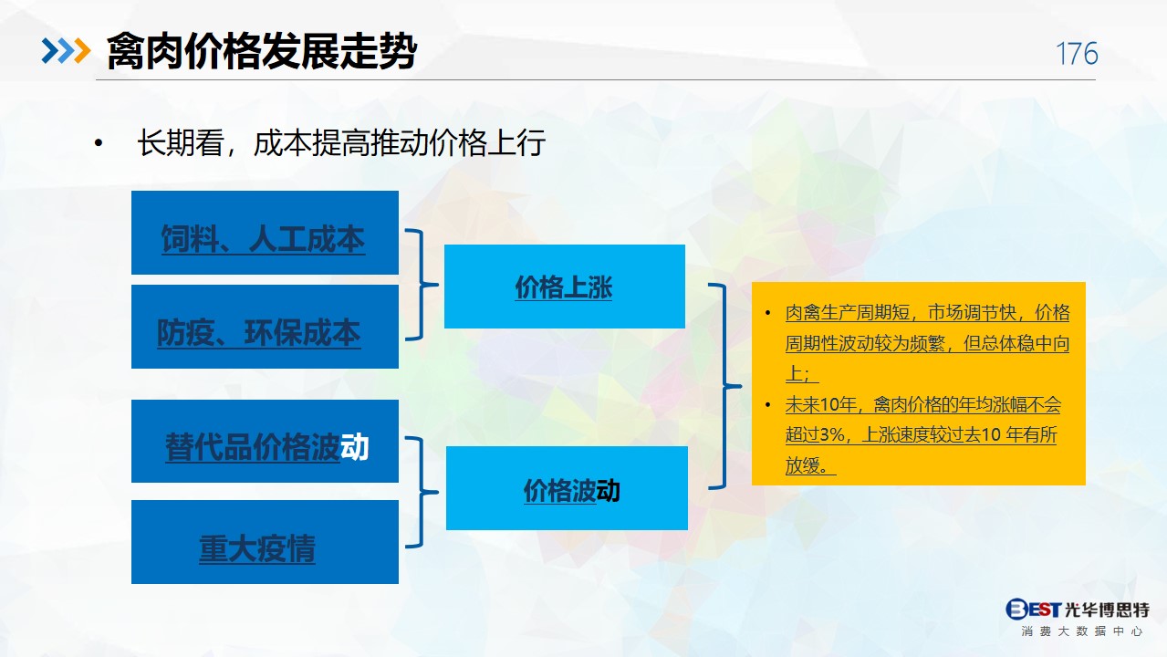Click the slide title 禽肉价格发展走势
(262, 51)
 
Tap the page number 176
(1077, 54)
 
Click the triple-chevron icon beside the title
(66, 51)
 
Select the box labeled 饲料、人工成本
(265, 233)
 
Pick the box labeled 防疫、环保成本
(265, 327)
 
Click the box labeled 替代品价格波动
(265, 442)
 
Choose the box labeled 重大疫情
(265, 542)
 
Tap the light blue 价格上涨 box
(565, 287)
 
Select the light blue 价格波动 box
(567, 488)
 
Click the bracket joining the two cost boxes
(421, 285)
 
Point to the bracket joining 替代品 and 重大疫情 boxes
(421, 492)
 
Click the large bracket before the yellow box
(724, 386)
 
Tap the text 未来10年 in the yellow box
(820, 405)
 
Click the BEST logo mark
(1033, 609)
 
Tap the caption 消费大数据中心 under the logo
(1082, 631)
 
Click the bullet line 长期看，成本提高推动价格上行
(341, 142)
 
